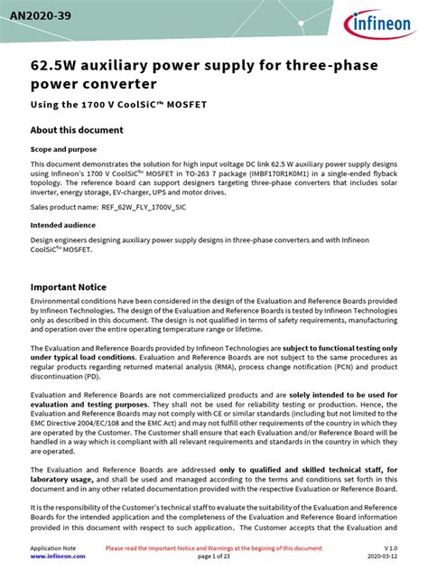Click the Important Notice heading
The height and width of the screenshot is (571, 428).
(76, 287)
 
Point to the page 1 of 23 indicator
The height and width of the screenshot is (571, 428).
(213, 557)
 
